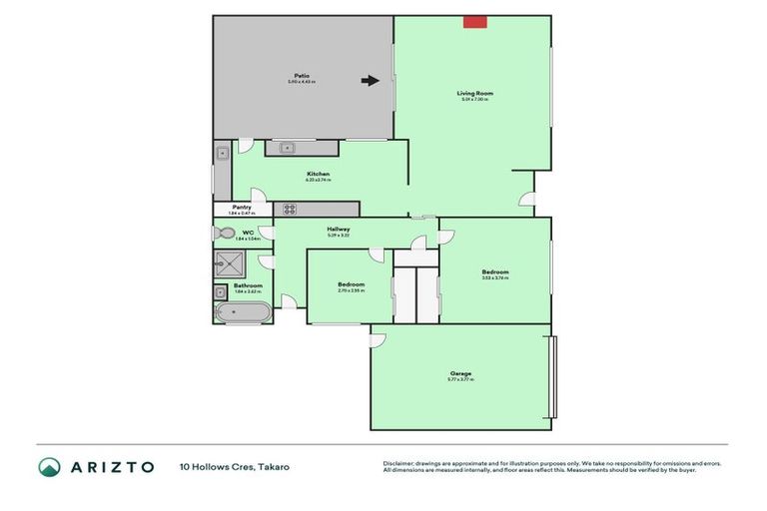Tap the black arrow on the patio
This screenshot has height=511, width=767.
tap(370, 81)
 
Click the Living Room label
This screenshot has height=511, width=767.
tap(475, 93)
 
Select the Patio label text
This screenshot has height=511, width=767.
tap(301, 75)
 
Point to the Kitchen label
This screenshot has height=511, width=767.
tap(319, 175)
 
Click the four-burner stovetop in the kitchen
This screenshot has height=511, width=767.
tap(291, 209)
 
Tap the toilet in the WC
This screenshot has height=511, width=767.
tap(225, 234)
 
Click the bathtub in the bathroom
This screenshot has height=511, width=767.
tap(241, 311)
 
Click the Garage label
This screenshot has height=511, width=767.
tap(460, 373)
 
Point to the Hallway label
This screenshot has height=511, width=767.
tap(339, 229)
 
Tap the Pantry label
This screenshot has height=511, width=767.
tap(242, 208)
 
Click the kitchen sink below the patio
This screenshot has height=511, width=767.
tap(288, 148)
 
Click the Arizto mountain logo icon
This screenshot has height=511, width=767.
tap(50, 466)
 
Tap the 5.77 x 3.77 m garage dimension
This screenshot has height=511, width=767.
tap(460, 380)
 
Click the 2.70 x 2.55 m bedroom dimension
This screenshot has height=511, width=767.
tap(352, 290)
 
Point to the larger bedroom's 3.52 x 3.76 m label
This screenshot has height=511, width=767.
tap(495, 278)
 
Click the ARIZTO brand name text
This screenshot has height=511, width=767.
tap(111, 466)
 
